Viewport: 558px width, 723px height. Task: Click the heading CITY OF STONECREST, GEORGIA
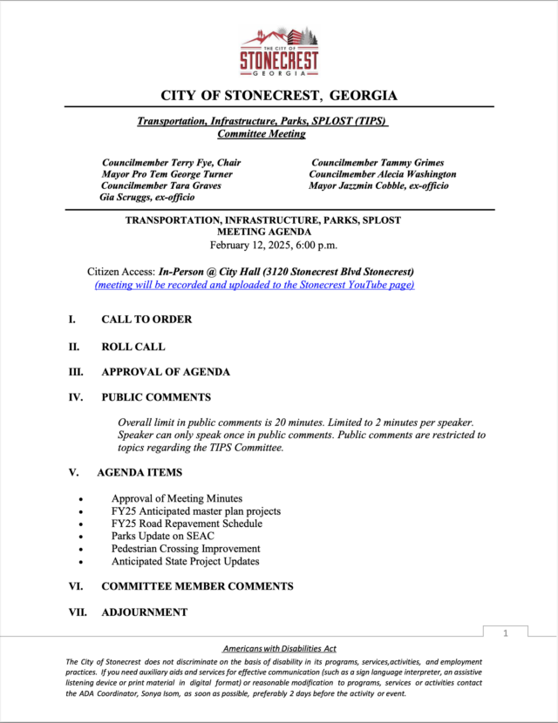click(x=279, y=95)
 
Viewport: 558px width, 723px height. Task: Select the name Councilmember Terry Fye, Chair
click(x=171, y=163)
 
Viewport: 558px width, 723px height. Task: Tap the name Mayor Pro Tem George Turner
click(x=167, y=174)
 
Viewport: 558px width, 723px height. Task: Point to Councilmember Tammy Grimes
click(x=378, y=163)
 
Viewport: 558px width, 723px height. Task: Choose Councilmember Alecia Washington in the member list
click(x=382, y=174)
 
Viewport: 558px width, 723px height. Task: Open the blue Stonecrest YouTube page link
click(x=254, y=285)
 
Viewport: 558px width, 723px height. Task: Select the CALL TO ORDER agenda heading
click(x=146, y=320)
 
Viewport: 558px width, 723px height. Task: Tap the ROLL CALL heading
click(x=133, y=347)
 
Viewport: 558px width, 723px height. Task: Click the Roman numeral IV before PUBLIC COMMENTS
click(x=76, y=397)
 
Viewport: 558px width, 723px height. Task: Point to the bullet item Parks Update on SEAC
click(x=162, y=536)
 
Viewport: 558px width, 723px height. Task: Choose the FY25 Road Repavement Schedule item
click(x=187, y=524)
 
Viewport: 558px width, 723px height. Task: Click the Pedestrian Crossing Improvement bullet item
click(x=186, y=549)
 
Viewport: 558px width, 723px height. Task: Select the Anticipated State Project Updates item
click(x=185, y=561)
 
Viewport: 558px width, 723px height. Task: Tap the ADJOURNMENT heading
click(x=144, y=612)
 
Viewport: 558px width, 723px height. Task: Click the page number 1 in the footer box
click(x=505, y=633)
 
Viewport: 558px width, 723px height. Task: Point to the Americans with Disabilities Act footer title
click(x=279, y=649)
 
